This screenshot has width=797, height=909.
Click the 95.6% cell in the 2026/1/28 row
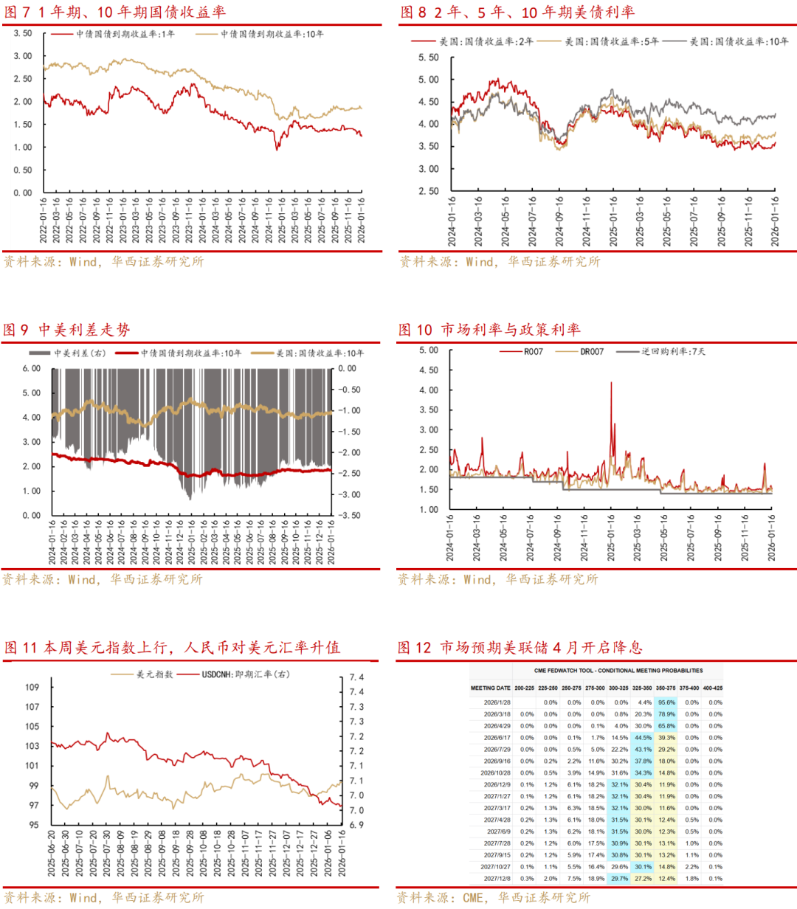[666, 702]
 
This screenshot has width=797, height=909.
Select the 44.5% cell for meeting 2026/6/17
[643, 738]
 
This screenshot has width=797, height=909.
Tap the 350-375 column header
[666, 688]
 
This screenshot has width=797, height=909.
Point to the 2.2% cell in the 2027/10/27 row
[691, 867]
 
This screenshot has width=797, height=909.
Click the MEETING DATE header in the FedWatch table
[491, 688]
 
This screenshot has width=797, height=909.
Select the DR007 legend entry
[591, 352]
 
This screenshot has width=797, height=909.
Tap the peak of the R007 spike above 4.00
[611, 382]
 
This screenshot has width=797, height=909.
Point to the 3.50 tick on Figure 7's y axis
[23, 34]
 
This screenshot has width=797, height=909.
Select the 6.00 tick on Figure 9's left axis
[31, 369]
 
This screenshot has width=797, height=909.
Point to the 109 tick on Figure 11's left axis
[32, 687]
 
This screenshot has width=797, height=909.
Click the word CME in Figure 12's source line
[474, 897]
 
